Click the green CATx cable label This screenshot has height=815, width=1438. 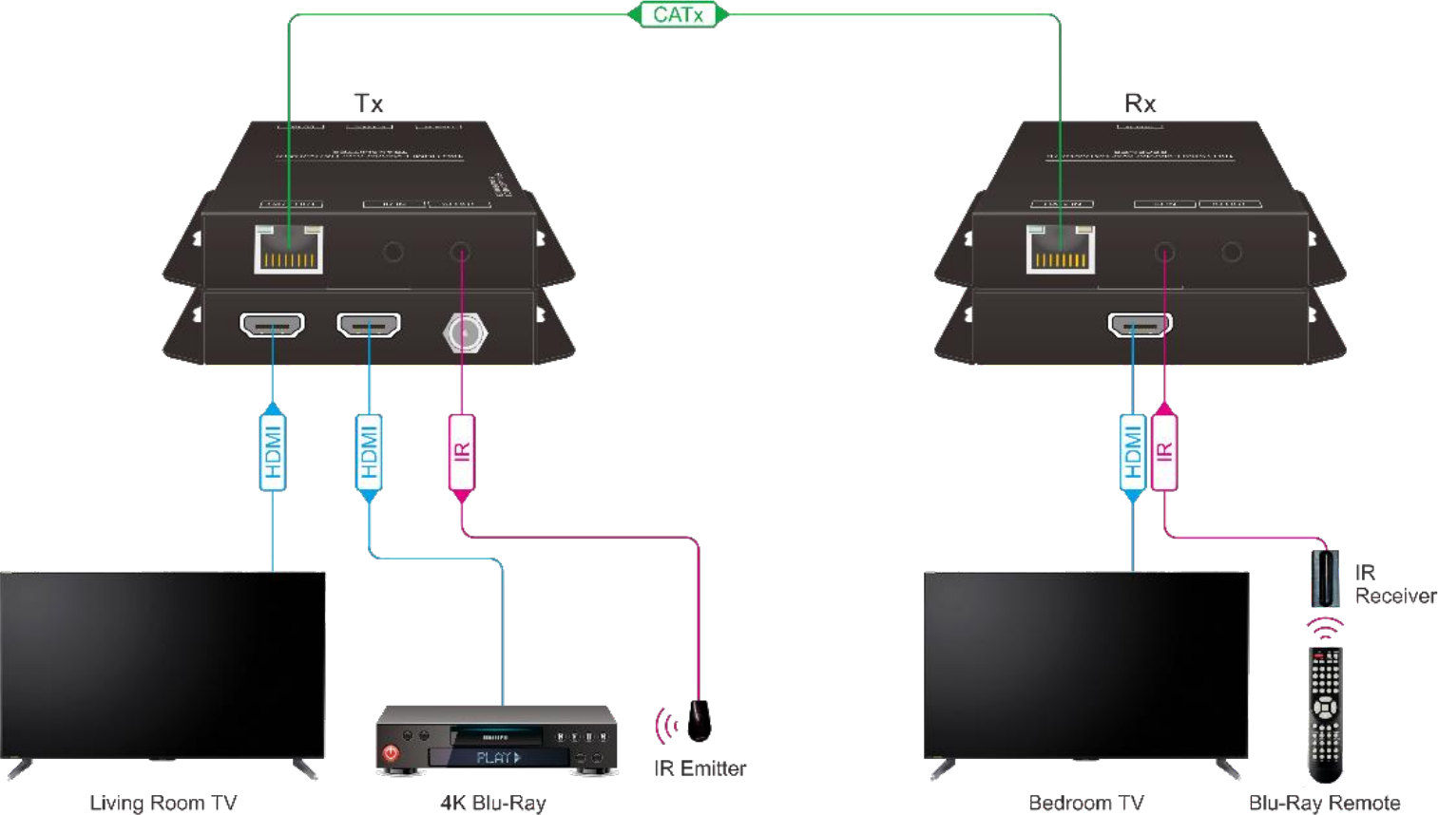coord(678,14)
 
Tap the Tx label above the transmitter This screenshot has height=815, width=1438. coord(369,103)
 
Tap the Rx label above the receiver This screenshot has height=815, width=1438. coord(1140,103)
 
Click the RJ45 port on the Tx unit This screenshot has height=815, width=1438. coord(288,250)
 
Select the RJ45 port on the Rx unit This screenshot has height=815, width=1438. coord(1060,250)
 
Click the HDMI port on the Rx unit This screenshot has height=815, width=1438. coord(1140,325)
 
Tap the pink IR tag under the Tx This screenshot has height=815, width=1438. coord(462,452)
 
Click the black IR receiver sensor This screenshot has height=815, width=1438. coord(1325,578)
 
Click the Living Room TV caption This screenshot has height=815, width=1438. coord(163,804)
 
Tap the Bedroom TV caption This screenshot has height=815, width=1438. coord(1085,804)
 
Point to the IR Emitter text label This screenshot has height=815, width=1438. coord(700,768)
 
